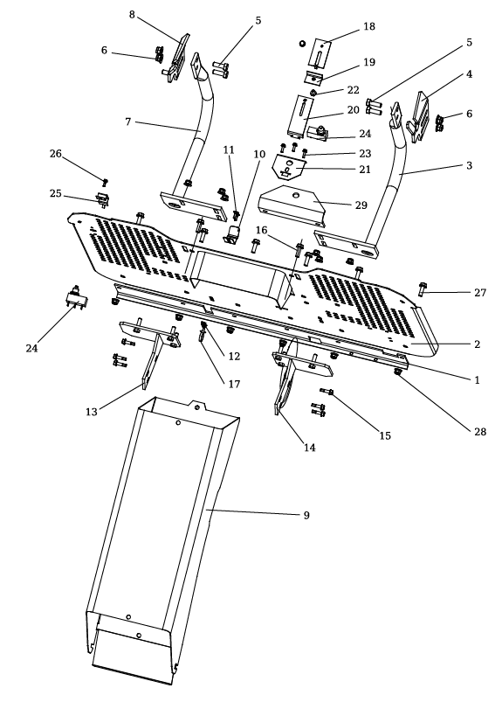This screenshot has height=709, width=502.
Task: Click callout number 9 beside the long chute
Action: pyautogui.click(x=306, y=515)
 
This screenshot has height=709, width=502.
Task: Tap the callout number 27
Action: pyautogui.click(x=480, y=293)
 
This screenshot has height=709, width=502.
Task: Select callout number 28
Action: pyautogui.click(x=480, y=431)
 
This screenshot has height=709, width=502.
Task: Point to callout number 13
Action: pyautogui.click(x=91, y=412)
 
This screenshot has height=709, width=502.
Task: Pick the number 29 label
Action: pyautogui.click(x=361, y=205)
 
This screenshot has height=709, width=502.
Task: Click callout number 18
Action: pyautogui.click(x=368, y=26)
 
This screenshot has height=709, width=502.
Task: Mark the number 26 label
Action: pyautogui.click(x=56, y=154)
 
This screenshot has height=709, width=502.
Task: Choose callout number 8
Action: pyautogui.click(x=132, y=15)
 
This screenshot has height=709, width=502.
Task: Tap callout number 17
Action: pyautogui.click(x=234, y=384)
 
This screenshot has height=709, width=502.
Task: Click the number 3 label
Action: pyautogui.click(x=469, y=165)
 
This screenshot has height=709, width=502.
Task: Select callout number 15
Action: pyautogui.click(x=385, y=435)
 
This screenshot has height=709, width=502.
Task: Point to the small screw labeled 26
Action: pyautogui.click(x=105, y=182)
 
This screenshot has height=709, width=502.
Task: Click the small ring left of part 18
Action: pyautogui.click(x=302, y=44)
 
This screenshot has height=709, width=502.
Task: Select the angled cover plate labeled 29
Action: pyautogui.click(x=292, y=205)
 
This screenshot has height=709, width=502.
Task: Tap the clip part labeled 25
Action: pyautogui.click(x=102, y=198)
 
